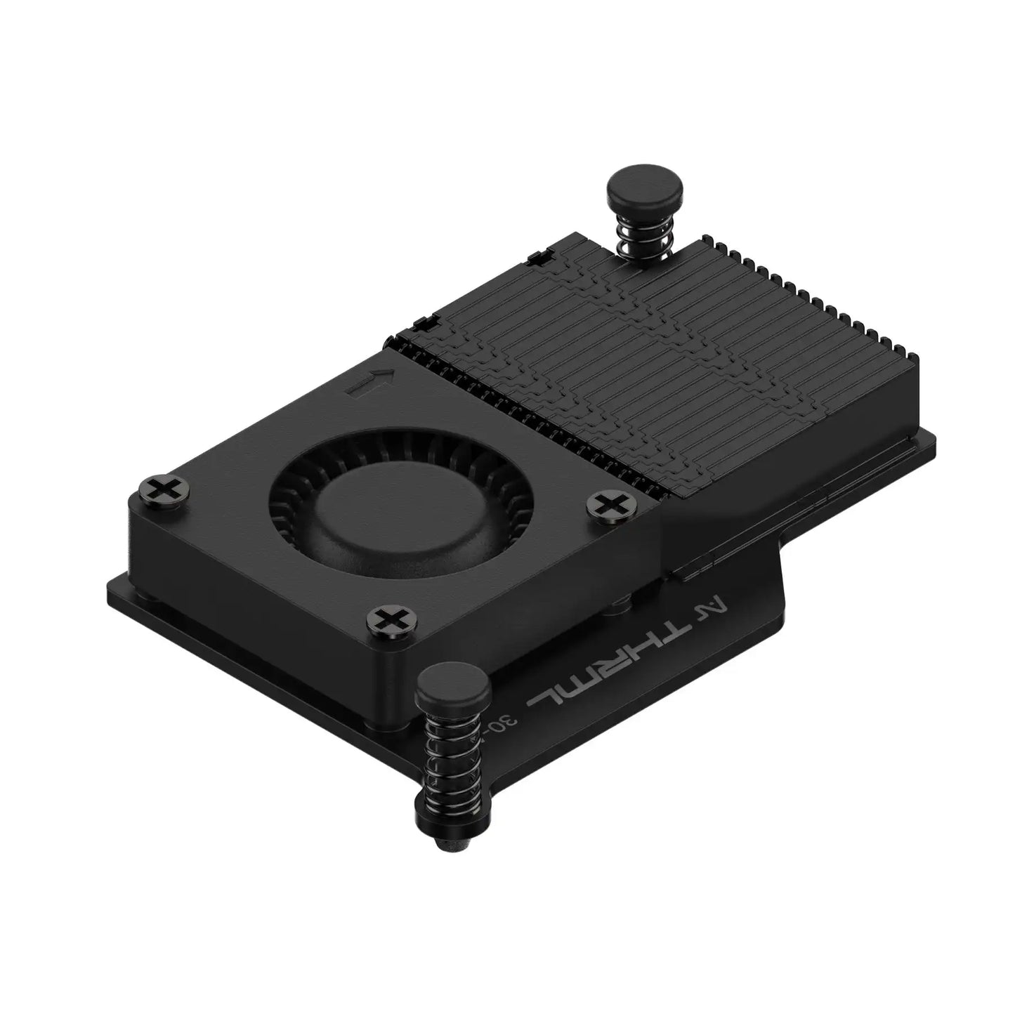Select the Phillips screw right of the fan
tap(608, 503)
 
